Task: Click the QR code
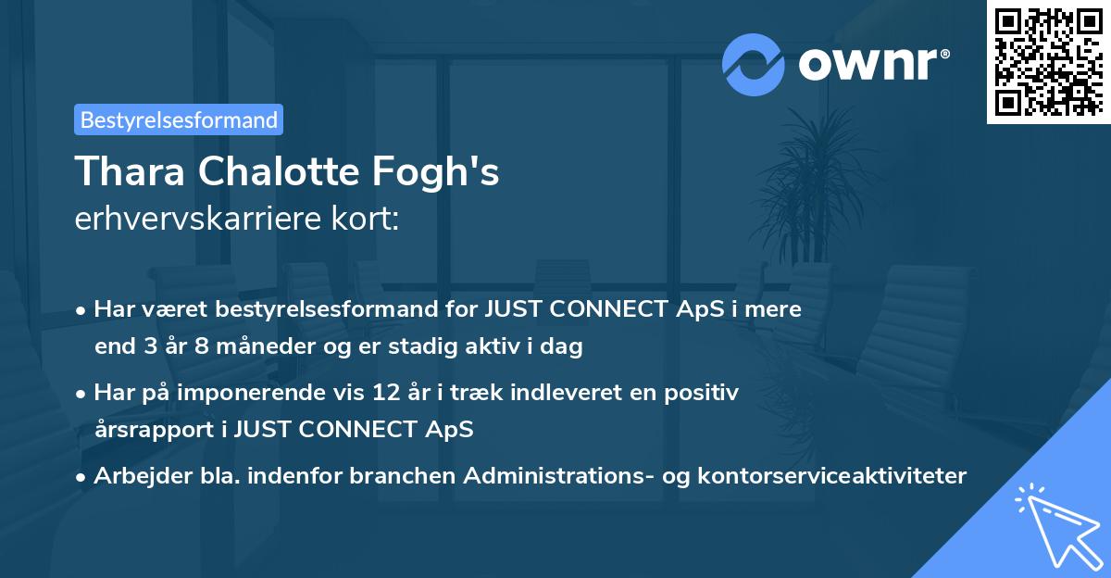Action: (1048, 61)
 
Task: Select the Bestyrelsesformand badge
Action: (179, 119)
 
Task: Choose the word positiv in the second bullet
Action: (705, 393)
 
